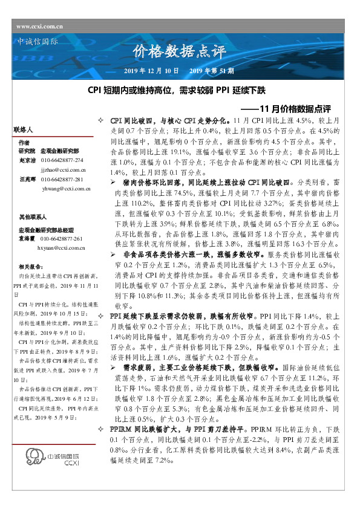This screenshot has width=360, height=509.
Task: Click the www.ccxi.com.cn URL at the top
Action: pos(40,27)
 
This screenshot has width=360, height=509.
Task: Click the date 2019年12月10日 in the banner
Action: pos(151,72)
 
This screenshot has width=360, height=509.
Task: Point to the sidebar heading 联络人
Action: pos(24,130)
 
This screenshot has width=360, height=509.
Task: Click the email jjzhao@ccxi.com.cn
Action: pos(63,171)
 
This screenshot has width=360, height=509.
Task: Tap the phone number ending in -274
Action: pos(62,160)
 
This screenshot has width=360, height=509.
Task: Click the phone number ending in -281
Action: pos(62,180)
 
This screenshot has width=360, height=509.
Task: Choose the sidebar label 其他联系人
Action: pos(30,215)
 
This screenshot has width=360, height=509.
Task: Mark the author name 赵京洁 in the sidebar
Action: pos(27,160)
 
